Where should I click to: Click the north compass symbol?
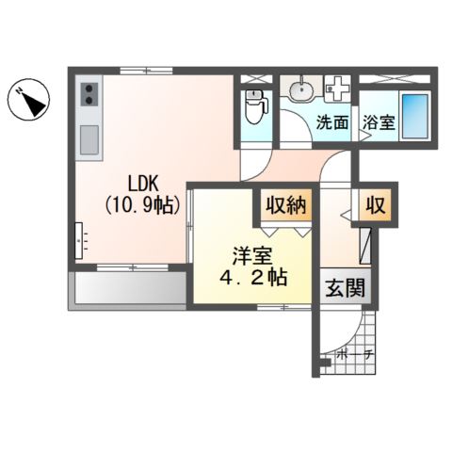click(28, 100)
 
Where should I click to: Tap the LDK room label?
click(142, 184)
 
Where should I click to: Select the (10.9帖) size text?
click(142, 205)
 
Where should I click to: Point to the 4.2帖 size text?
click(253, 277)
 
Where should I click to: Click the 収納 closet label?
click(286, 205)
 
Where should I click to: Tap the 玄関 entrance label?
click(346, 287)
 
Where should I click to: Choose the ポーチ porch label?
click(355, 355)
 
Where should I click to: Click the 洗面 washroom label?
click(332, 122)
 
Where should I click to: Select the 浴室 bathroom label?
click(379, 122)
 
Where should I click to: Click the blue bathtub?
click(415, 116)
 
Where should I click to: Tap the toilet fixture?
click(256, 106)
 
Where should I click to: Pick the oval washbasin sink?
click(301, 89)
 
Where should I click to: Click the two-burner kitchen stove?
click(89, 94)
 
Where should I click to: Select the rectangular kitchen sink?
click(89, 140)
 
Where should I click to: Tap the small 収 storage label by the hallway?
click(376, 205)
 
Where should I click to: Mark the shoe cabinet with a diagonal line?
click(365, 246)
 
